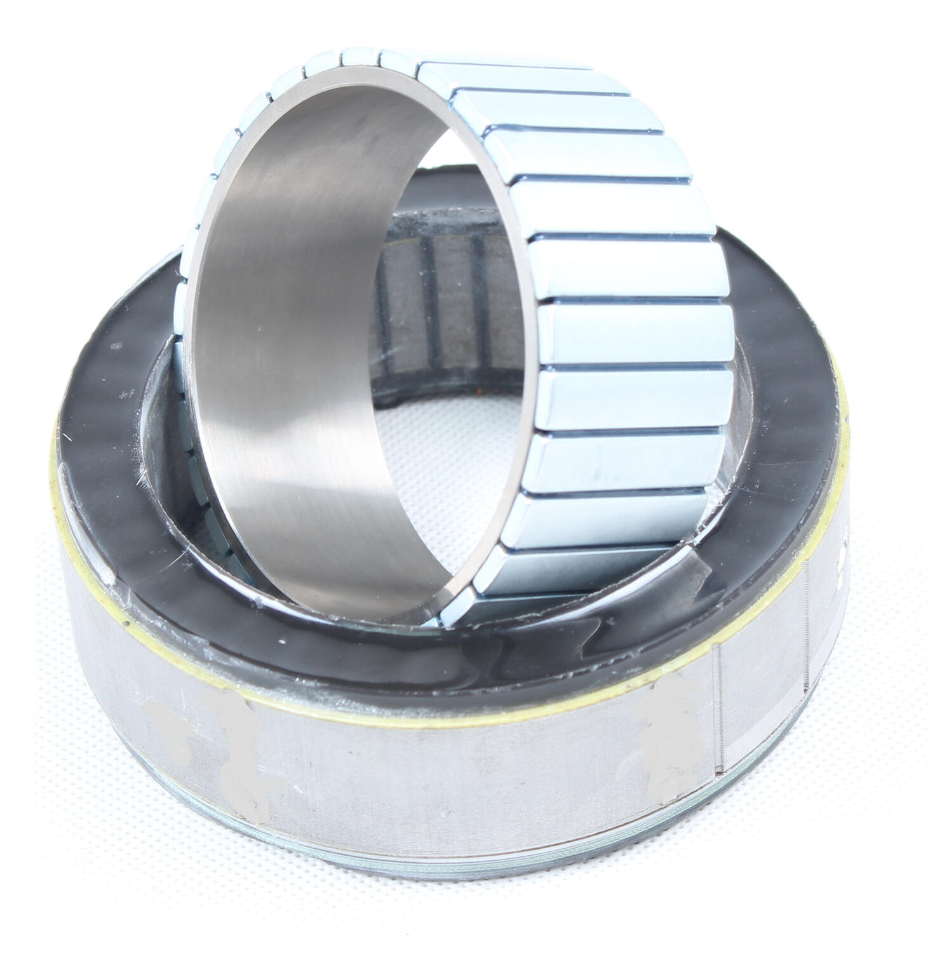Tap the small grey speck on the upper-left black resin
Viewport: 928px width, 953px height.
[x=116, y=347]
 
